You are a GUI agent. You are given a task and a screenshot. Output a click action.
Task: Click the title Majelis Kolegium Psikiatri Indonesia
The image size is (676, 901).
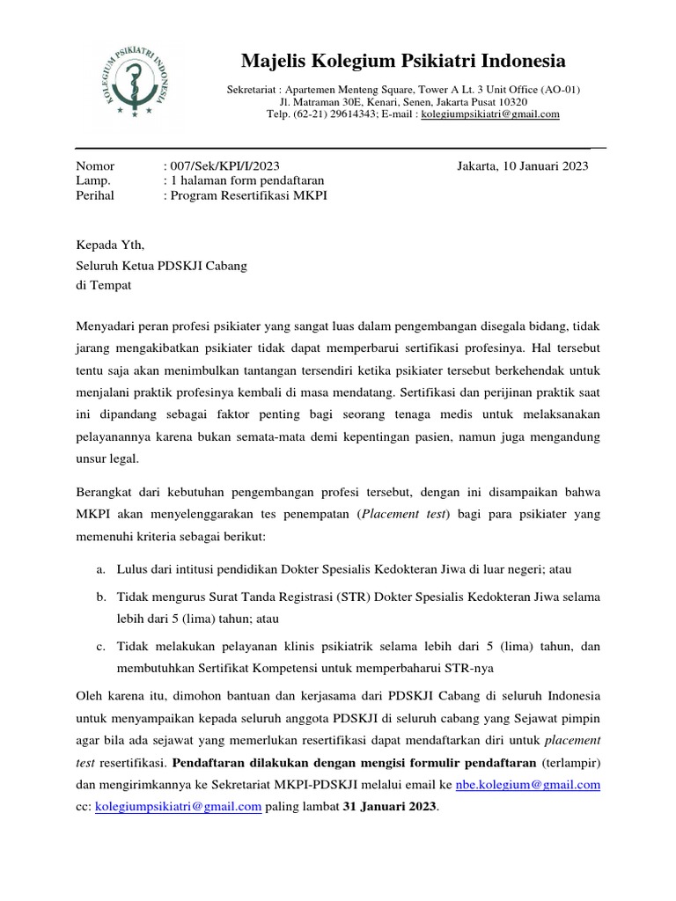pyautogui.click(x=404, y=62)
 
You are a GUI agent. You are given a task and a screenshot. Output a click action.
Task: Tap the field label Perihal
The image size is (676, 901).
pyautogui.click(x=95, y=195)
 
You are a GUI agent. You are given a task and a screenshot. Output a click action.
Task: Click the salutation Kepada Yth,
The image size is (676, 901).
pyautogui.click(x=109, y=245)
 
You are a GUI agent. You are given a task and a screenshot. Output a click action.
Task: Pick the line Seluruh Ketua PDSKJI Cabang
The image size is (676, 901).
pyautogui.click(x=162, y=267)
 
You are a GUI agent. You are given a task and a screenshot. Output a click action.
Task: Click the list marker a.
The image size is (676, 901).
pyautogui.click(x=101, y=570)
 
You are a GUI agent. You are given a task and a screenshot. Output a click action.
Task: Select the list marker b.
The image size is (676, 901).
pyautogui.click(x=101, y=597)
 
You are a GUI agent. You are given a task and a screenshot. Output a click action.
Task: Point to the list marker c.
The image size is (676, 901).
pyautogui.click(x=101, y=647)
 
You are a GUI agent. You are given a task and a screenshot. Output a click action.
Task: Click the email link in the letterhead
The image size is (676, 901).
pyautogui.click(x=490, y=114)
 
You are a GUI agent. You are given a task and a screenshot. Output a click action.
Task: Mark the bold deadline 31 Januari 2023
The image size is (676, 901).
pyautogui.click(x=388, y=806)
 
